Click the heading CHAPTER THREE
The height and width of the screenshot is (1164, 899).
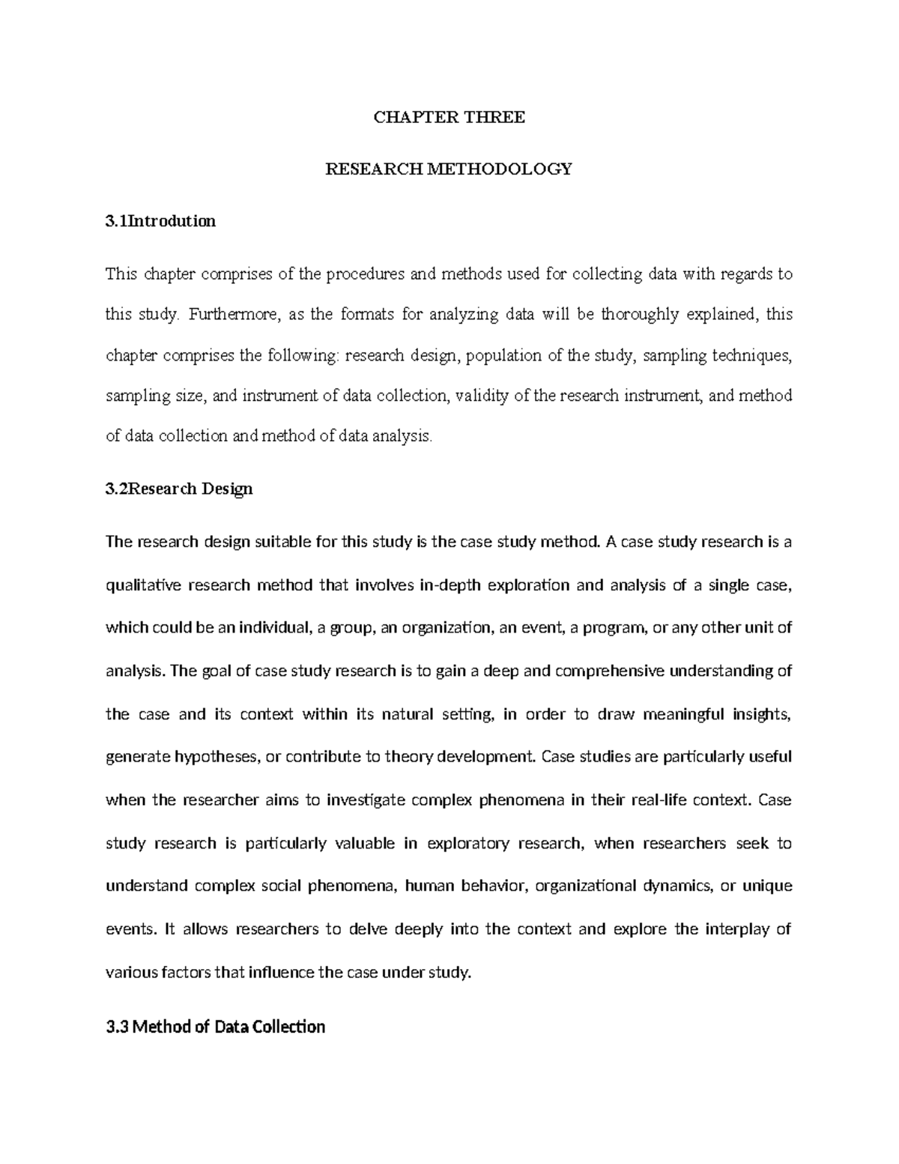tap(449, 118)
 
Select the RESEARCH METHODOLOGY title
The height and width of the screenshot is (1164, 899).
tap(449, 169)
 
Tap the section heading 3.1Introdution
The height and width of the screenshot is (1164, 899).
tap(161, 221)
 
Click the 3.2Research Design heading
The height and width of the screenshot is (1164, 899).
tap(180, 489)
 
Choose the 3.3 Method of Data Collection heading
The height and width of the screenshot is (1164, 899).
tap(216, 1026)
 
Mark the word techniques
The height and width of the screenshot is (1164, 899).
tap(751, 356)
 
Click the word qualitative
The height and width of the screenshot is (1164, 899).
tap(143, 585)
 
